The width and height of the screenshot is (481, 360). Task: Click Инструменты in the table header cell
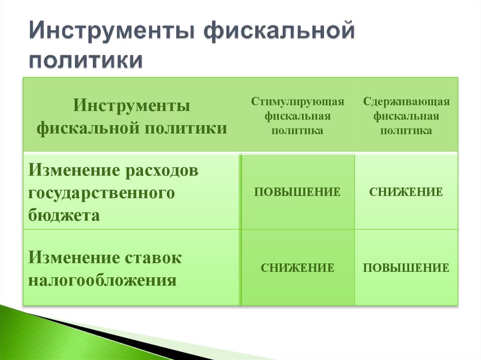132,106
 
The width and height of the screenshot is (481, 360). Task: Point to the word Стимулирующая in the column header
297,102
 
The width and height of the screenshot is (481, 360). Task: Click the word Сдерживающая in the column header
406,102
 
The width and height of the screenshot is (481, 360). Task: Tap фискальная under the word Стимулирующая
297,116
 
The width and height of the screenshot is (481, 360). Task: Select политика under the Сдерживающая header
406,130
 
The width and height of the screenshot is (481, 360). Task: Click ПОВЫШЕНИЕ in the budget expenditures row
297,192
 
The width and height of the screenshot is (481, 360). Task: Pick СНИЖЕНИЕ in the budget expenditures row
406,192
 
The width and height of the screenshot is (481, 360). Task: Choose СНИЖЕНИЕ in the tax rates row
297,268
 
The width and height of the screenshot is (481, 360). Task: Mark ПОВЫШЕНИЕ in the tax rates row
406,268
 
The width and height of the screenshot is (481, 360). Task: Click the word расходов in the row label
161,170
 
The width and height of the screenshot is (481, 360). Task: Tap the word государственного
101,193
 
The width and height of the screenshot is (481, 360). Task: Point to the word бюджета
64,215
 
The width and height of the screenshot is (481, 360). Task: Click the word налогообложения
102,281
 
